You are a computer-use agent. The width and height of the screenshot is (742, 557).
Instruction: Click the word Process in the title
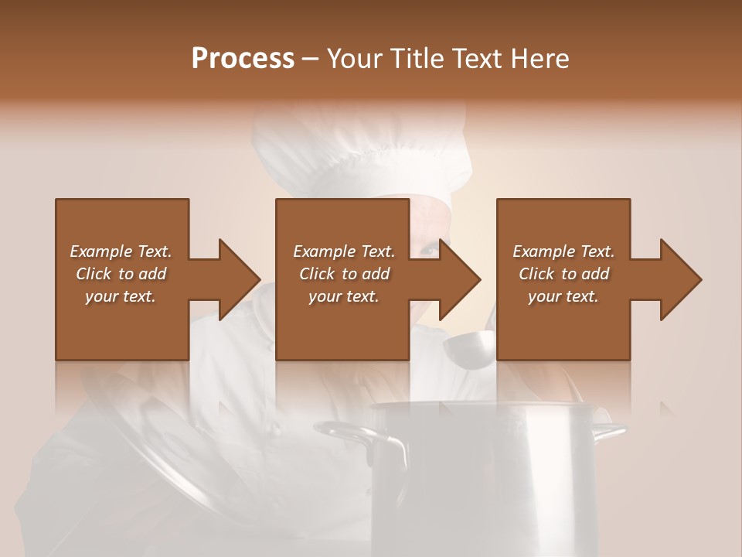[243, 58]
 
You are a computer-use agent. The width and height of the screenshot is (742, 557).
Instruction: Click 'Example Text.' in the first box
[121, 251]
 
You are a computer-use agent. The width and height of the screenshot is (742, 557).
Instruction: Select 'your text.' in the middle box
[343, 296]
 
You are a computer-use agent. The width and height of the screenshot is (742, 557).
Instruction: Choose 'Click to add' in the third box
[563, 274]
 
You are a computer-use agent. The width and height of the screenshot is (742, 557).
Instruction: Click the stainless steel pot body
[495, 480]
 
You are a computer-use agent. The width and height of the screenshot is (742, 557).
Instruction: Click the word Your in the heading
[356, 58]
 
